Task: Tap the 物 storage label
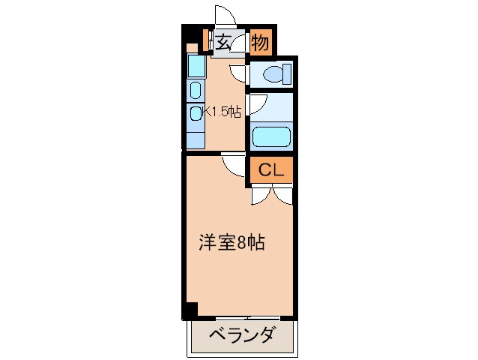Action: [x=260, y=43]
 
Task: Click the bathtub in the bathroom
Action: [x=270, y=136]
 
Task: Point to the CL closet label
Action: [x=270, y=170]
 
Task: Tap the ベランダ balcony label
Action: [x=241, y=335]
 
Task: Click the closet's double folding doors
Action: [x=270, y=194]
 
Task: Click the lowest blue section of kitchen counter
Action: [x=195, y=137]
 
